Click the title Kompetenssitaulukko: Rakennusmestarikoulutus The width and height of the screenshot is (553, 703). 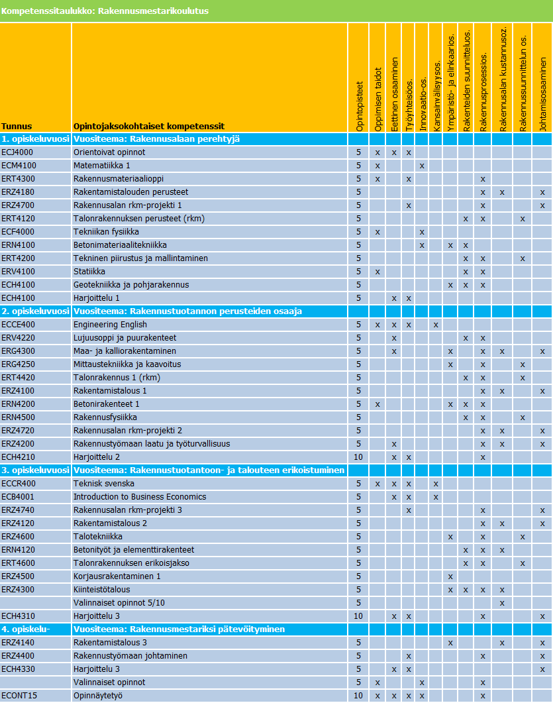105,11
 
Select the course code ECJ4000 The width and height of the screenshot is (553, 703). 18,152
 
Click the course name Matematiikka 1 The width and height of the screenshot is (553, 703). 102,166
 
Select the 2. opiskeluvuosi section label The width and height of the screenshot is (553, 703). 35,311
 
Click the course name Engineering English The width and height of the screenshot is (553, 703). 110,325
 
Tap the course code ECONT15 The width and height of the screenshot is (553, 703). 19,696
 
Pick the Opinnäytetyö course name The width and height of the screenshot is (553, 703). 98,696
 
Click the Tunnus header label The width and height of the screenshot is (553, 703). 17,126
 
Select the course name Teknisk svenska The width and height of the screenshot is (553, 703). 104,484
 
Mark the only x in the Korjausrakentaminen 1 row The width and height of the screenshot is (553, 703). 450,576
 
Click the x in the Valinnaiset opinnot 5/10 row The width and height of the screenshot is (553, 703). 502,603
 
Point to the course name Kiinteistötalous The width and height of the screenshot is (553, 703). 101,590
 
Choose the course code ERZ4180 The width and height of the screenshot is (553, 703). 18,192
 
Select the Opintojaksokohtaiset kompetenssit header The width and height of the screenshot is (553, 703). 149,126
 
